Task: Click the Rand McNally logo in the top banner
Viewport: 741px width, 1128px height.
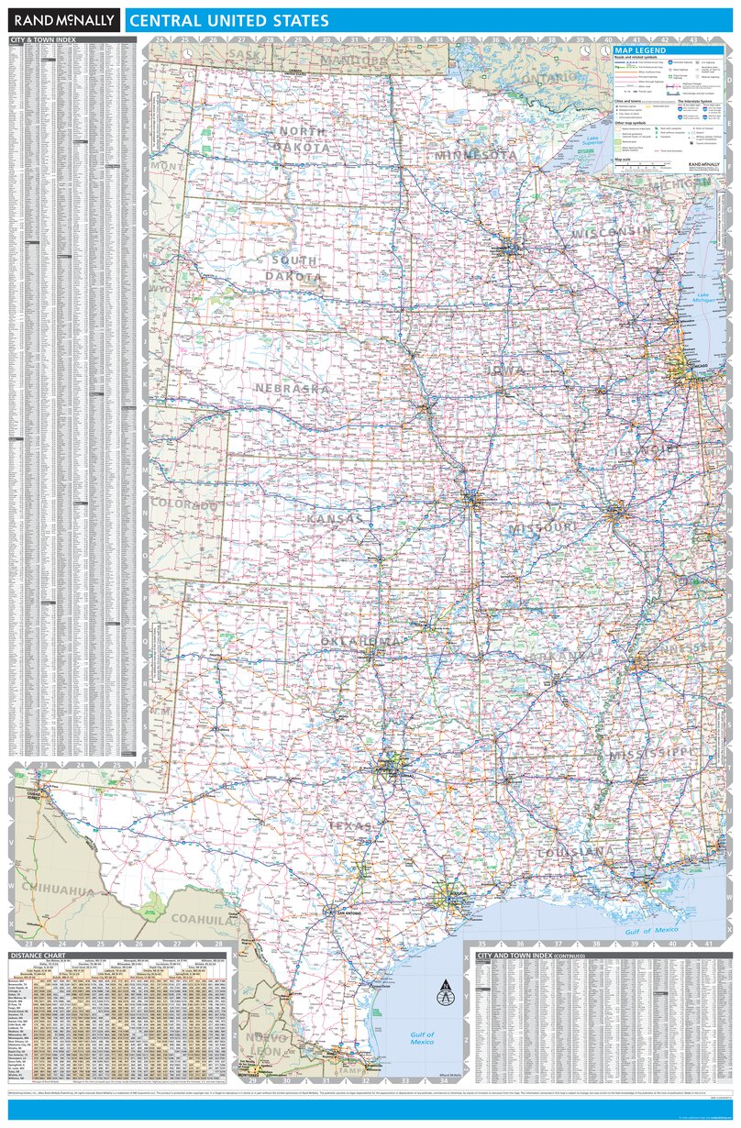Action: (x=63, y=19)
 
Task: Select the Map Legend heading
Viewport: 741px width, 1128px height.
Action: (x=641, y=51)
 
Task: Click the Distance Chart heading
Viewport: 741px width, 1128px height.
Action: (x=34, y=956)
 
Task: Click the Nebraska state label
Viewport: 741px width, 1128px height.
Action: (x=292, y=389)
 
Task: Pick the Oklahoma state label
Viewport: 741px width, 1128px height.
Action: (x=360, y=640)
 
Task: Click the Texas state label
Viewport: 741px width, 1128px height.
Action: (x=351, y=826)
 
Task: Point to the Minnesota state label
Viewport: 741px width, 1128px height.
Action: (x=476, y=155)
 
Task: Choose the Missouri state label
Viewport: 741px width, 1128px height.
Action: (x=543, y=528)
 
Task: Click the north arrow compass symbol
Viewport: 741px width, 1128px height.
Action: (x=445, y=992)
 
